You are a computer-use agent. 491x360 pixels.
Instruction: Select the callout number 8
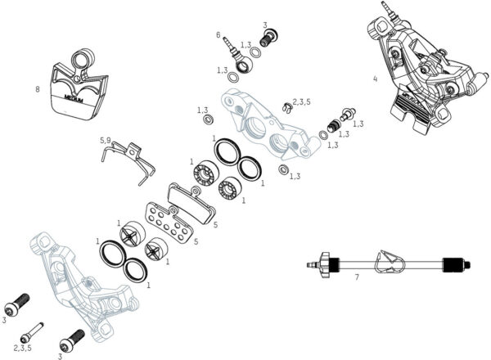pyautogui.click(x=38, y=88)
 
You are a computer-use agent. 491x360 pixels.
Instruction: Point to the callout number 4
pyautogui.click(x=374, y=79)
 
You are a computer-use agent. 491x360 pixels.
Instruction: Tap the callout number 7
pyautogui.click(x=357, y=278)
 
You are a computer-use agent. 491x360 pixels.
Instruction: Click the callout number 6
pyautogui.click(x=218, y=35)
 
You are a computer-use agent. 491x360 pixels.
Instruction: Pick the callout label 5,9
pyautogui.click(x=105, y=140)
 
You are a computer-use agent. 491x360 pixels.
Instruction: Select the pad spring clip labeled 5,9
pyautogui.click(x=131, y=160)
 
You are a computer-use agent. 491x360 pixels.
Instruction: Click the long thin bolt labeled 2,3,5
pyautogui.click(x=33, y=330)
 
